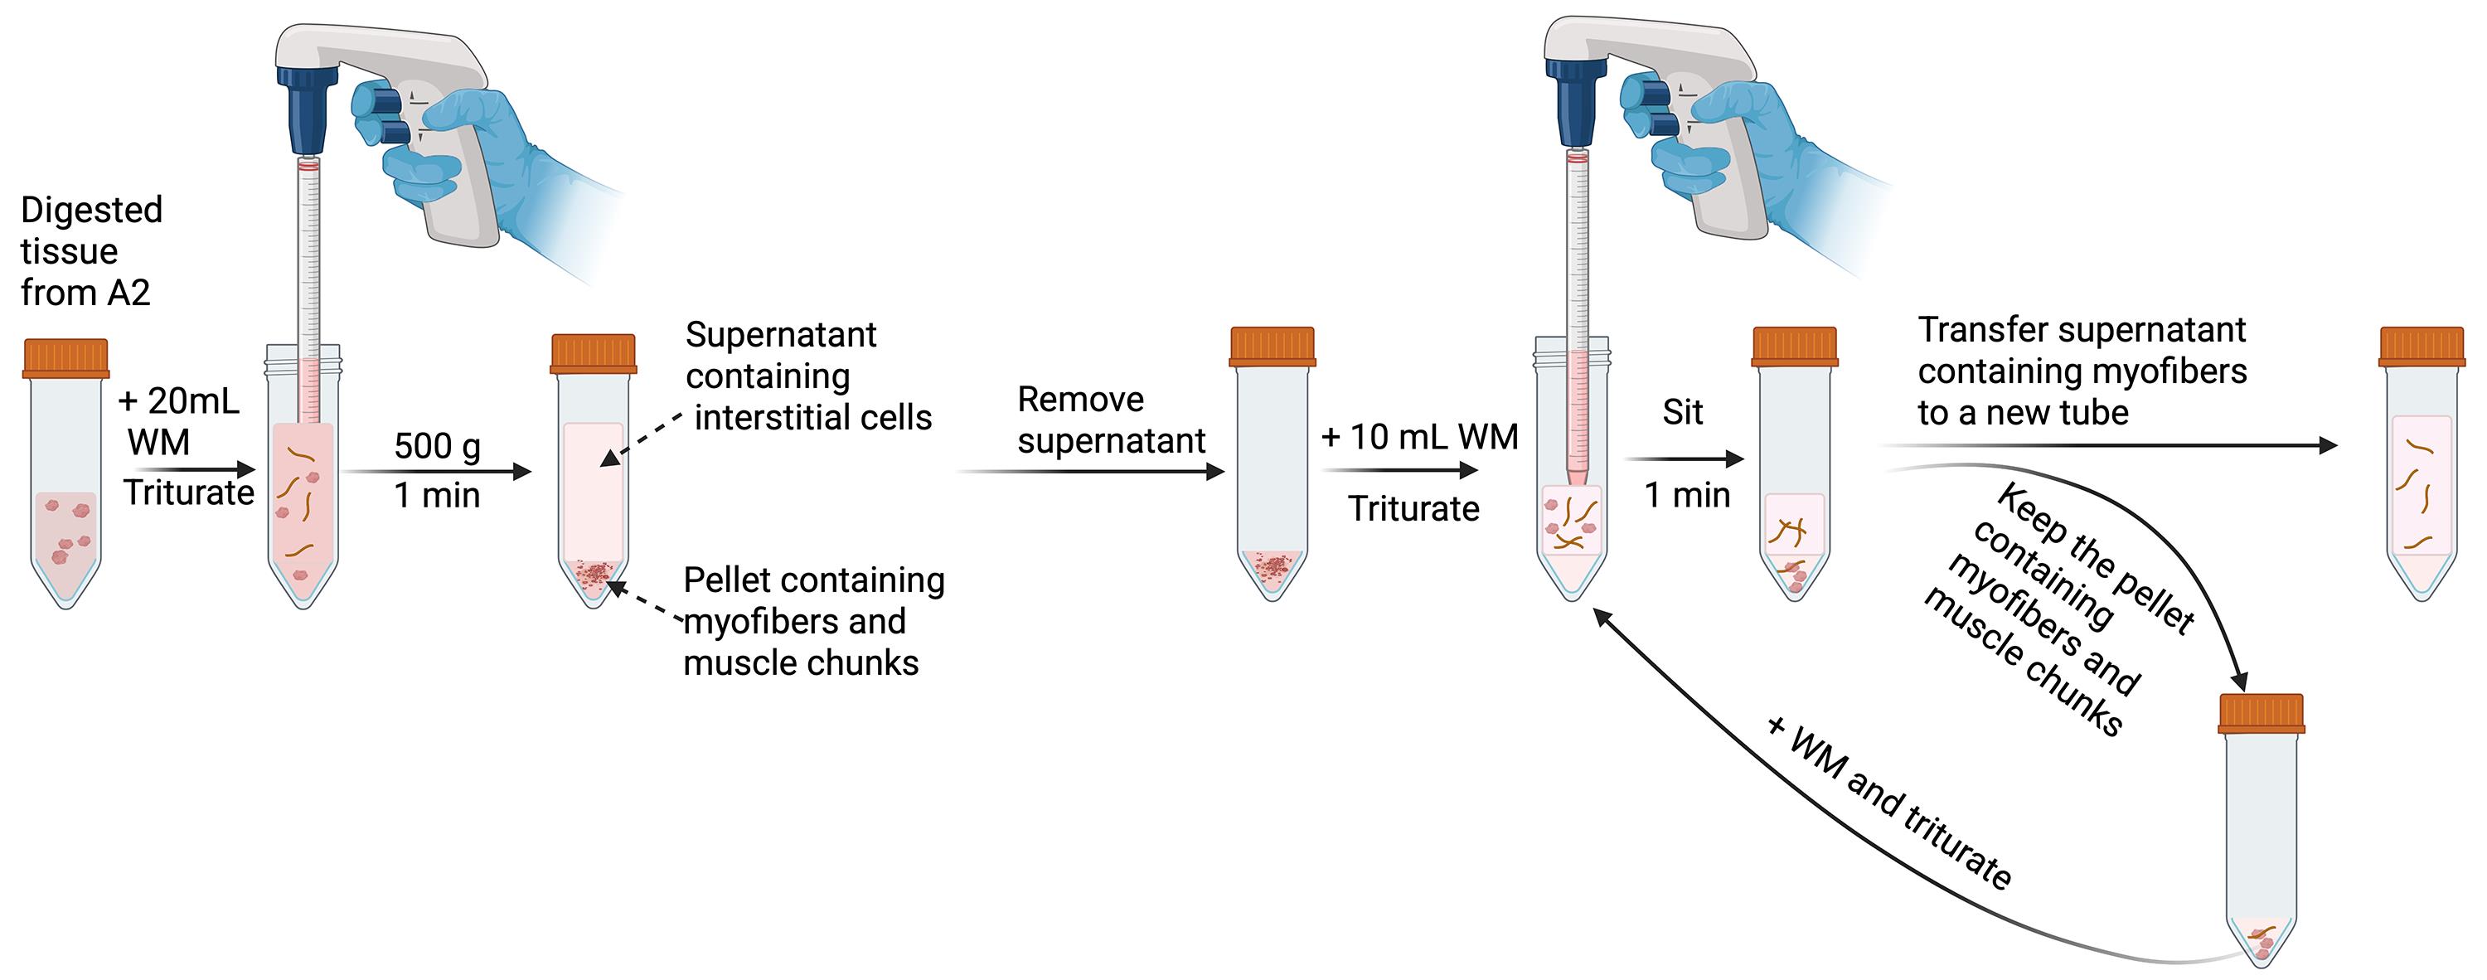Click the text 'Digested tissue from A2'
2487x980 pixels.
pos(92,251)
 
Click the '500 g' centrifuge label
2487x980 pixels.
pos(438,446)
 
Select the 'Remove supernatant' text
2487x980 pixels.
pos(1111,420)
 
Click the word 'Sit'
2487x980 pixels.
pos(1683,412)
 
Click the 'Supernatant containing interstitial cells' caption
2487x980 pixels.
pos(809,376)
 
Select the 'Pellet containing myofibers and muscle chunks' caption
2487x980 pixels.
pos(814,621)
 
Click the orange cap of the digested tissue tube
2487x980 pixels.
pos(65,357)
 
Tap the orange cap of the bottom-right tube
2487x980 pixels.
pos(2261,712)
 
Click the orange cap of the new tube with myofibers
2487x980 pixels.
pos(2422,347)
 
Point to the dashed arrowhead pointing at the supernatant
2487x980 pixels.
pos(610,458)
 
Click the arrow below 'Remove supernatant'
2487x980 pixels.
pos(1091,471)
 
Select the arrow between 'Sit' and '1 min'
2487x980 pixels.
pos(1685,458)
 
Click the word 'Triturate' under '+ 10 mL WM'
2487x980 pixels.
pos(1413,508)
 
